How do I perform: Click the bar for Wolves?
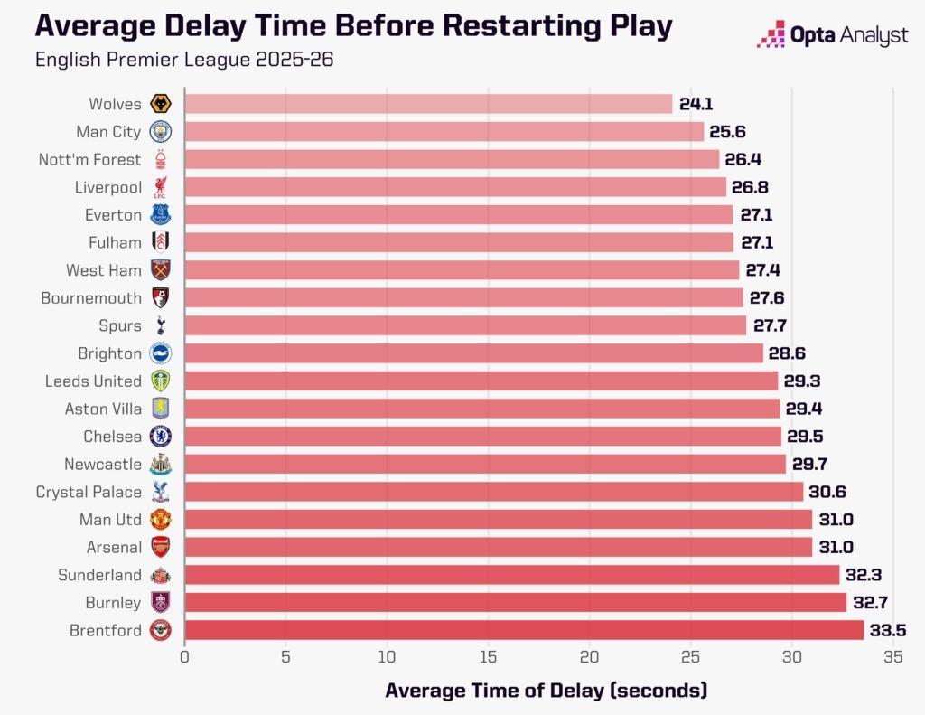(x=428, y=104)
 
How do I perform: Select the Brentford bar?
(x=524, y=630)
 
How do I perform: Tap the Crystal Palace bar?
(x=493, y=492)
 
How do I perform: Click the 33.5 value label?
(x=886, y=631)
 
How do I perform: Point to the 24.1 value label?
(x=696, y=104)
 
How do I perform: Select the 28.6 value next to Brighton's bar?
(x=787, y=353)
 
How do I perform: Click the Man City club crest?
(x=160, y=132)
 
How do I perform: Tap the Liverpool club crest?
(x=160, y=187)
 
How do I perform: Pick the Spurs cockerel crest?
(x=160, y=325)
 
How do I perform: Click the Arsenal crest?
(x=160, y=547)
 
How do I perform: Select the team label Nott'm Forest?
(x=89, y=160)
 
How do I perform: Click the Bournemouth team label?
(x=91, y=298)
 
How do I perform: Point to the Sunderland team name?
(x=99, y=575)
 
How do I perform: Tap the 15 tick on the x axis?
(x=489, y=657)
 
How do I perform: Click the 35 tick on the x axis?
(x=893, y=657)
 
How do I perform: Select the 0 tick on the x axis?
(x=184, y=657)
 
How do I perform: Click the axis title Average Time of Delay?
(x=546, y=691)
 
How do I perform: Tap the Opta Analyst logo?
(x=832, y=36)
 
